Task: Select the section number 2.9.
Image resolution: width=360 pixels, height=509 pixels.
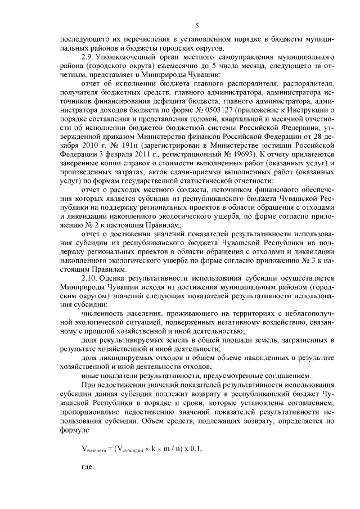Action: pyautogui.click(x=88, y=57)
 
